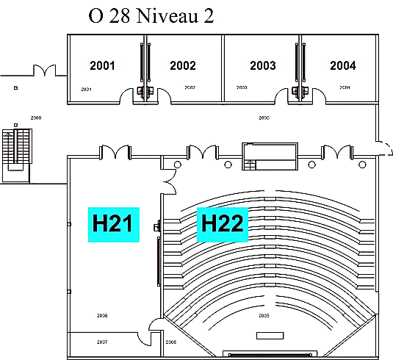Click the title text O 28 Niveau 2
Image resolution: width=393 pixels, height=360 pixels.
click(151, 16)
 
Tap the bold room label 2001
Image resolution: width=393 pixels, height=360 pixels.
click(102, 65)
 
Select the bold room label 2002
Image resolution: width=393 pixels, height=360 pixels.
click(183, 65)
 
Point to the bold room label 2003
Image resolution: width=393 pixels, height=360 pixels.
click(262, 65)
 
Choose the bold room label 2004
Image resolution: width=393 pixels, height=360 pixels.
click(342, 65)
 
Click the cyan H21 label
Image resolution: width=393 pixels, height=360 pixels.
click(113, 223)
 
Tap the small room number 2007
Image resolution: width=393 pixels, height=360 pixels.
click(101, 342)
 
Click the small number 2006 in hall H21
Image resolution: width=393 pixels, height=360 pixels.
click(102, 315)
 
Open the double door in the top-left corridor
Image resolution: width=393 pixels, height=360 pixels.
click(44, 71)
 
